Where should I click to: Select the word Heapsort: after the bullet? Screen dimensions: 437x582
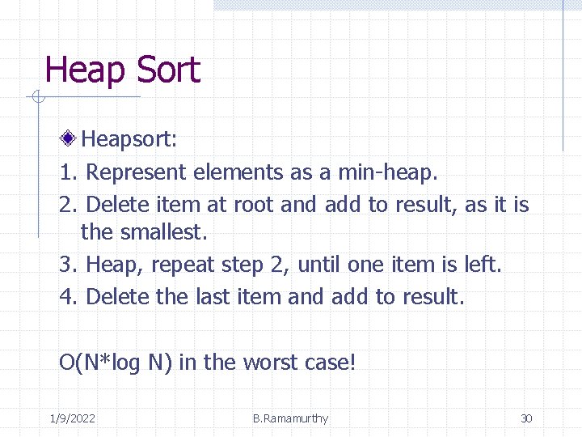pyautogui.click(x=129, y=140)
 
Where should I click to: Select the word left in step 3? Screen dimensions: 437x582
pyautogui.click(x=482, y=265)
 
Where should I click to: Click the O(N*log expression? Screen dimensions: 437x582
pyautogui.click(x=99, y=362)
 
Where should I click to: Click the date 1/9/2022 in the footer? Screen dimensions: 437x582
pyautogui.click(x=72, y=418)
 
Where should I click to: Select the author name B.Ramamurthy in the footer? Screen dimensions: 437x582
pyautogui.click(x=290, y=418)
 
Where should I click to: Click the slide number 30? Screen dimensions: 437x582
pyautogui.click(x=526, y=418)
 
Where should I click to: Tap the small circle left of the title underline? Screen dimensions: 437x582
pyautogui.click(x=36, y=98)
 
